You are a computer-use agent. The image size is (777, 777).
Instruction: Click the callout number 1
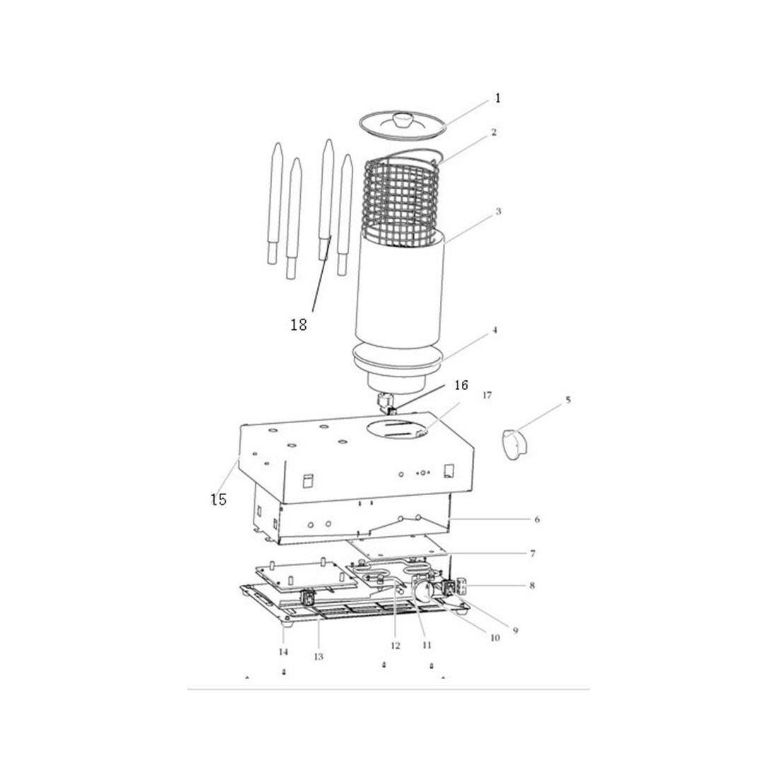point(498,98)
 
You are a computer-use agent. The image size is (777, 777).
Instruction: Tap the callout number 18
point(299,325)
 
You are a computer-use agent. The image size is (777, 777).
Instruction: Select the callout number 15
point(218,499)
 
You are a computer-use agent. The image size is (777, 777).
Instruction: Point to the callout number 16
point(461,385)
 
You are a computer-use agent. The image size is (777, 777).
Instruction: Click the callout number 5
point(569,399)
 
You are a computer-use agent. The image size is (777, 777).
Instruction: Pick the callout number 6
point(537,519)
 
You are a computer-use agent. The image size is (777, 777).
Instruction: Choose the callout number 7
point(533,554)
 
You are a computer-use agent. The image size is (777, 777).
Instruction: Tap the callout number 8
point(532,586)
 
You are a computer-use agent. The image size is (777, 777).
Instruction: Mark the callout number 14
point(283,652)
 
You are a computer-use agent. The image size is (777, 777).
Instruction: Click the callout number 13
point(318,657)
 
